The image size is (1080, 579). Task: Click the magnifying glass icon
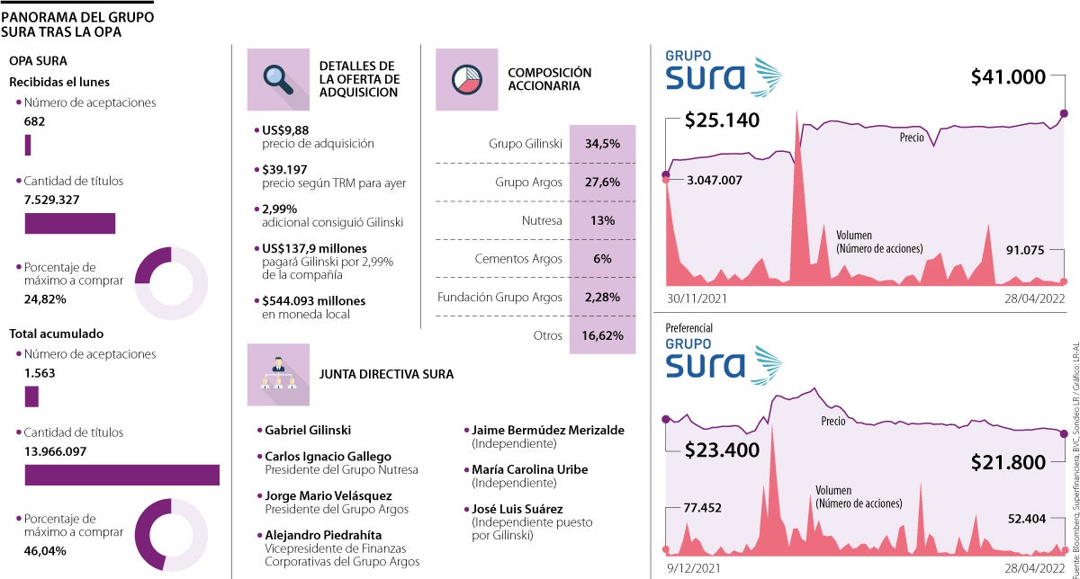[x=278, y=79]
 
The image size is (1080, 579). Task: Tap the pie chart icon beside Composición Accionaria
[x=466, y=79]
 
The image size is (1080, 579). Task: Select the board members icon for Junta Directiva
[x=278, y=374]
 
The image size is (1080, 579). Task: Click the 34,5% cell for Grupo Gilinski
[x=601, y=144]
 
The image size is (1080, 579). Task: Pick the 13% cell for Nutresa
[x=601, y=220]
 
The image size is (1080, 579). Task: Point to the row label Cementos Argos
[x=517, y=259]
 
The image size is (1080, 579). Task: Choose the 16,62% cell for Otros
[x=601, y=335]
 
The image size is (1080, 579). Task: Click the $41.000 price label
[x=1008, y=78]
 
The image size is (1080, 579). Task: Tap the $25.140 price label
[x=722, y=120]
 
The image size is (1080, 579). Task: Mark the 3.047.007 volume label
[x=714, y=180]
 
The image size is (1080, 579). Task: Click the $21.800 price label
[x=1008, y=463]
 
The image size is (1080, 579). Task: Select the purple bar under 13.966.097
[x=121, y=475]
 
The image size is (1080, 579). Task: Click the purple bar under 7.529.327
[x=69, y=223]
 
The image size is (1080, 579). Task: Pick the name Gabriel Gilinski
[x=307, y=431]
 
